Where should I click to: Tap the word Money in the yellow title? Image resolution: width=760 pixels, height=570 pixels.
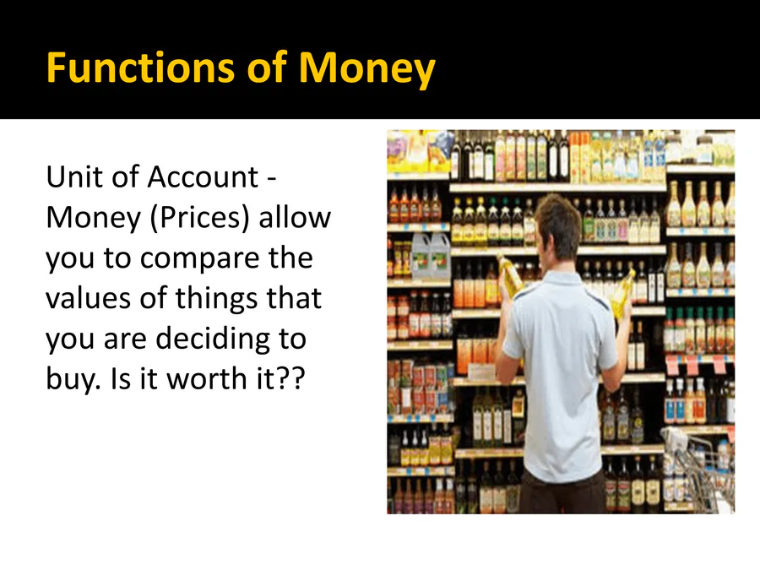(367, 70)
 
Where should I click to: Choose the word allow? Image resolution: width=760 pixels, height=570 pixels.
(295, 217)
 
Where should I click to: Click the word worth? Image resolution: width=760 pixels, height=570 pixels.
(209, 378)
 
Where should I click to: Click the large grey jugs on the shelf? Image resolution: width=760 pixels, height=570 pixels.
(431, 255)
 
